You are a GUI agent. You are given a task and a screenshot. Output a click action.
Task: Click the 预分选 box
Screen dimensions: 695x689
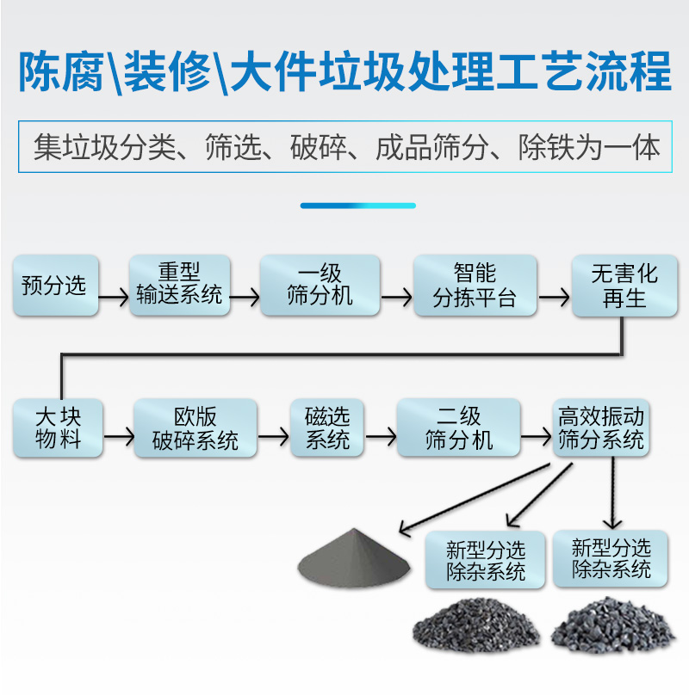click(x=55, y=286)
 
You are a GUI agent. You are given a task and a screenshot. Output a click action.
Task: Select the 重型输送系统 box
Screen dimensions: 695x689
click(x=180, y=285)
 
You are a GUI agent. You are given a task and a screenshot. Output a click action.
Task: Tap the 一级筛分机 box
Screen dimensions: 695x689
click(x=320, y=285)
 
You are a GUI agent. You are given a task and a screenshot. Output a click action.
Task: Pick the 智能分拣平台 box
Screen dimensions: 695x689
click(x=475, y=285)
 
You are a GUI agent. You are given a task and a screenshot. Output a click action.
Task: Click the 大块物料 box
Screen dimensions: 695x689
click(x=58, y=427)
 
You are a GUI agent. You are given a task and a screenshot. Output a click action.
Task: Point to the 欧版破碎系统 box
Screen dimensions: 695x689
click(x=196, y=427)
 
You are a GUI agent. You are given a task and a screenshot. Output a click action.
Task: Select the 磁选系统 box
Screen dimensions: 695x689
click(x=328, y=427)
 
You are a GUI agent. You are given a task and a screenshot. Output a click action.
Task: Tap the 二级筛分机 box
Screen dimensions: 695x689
click(x=459, y=427)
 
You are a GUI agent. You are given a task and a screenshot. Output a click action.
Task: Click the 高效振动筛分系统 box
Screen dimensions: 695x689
click(x=601, y=427)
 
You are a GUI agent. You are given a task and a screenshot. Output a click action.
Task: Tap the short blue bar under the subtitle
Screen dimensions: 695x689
click(x=357, y=206)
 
